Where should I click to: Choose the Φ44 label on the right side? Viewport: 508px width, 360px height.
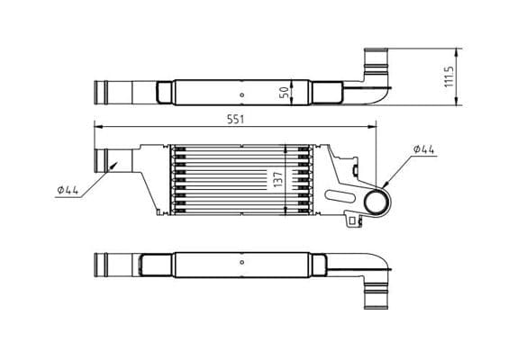pyautogui.click(x=424, y=149)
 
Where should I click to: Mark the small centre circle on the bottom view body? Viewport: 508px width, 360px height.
pyautogui.click(x=240, y=263)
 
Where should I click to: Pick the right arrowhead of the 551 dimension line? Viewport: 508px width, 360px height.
pyautogui.click(x=376, y=127)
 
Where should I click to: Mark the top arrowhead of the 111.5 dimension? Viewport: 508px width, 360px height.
pyautogui.click(x=458, y=48)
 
